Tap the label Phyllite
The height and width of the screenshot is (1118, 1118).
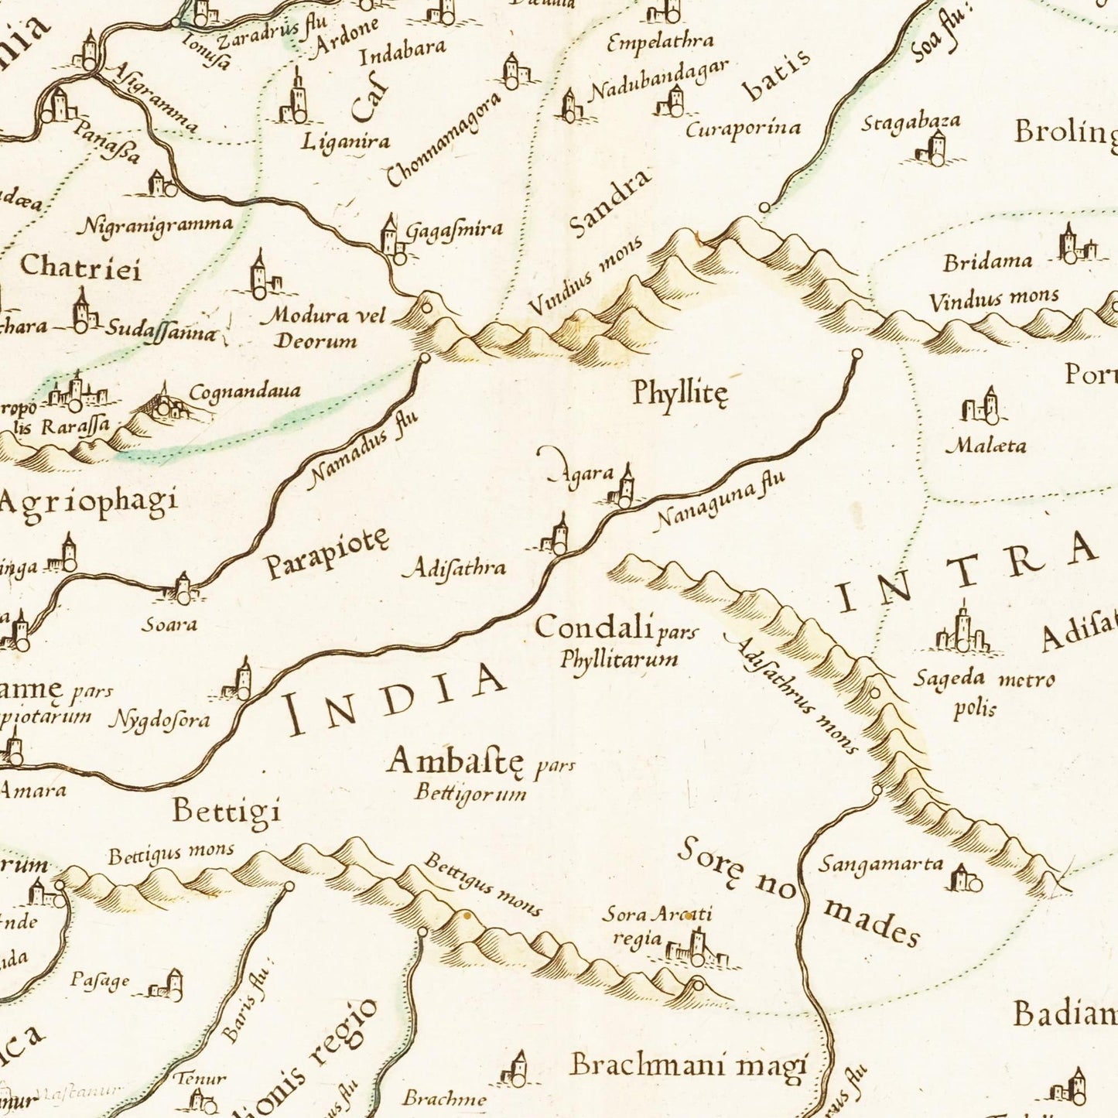click(x=679, y=392)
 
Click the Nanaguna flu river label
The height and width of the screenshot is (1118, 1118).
click(x=720, y=501)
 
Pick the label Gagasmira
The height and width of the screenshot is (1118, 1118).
click(x=454, y=231)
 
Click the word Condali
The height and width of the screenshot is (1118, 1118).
click(x=593, y=627)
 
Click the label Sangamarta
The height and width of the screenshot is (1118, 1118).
click(x=881, y=863)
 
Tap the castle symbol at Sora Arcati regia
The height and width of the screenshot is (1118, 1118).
click(x=696, y=949)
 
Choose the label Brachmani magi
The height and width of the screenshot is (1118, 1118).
click(x=689, y=1065)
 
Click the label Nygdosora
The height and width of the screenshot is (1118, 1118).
click(x=159, y=720)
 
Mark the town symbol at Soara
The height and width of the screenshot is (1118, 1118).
click(x=183, y=590)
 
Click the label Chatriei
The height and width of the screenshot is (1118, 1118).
click(x=80, y=267)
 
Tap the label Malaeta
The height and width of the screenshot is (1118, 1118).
click(x=986, y=446)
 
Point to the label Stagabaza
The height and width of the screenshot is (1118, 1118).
click(x=911, y=121)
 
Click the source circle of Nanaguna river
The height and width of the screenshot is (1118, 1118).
click(x=856, y=354)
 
